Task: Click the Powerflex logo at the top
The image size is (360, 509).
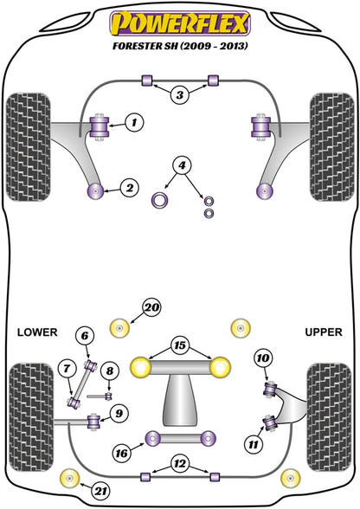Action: pyautogui.click(x=180, y=23)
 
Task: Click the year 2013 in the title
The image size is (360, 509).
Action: pyautogui.click(x=234, y=46)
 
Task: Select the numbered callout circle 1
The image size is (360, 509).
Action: pyautogui.click(x=134, y=122)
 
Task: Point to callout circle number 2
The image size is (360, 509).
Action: pyautogui.click(x=130, y=188)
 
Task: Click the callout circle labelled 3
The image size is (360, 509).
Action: pyautogui.click(x=180, y=95)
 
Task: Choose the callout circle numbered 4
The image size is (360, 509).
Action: pyautogui.click(x=182, y=166)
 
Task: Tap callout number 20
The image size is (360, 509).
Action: pyautogui.click(x=152, y=307)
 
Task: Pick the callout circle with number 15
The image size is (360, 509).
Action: pyautogui.click(x=180, y=345)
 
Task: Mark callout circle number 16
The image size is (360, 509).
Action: pyautogui.click(x=122, y=454)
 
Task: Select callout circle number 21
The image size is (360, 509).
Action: pyautogui.click(x=100, y=491)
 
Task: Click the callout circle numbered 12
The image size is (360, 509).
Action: pyautogui.click(x=179, y=464)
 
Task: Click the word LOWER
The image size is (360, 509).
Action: pyautogui.click(x=37, y=332)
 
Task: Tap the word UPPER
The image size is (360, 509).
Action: pyautogui.click(x=324, y=332)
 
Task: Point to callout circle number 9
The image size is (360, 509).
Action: pyautogui.click(x=119, y=414)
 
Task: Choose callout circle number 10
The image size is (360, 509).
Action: pyautogui.click(x=263, y=358)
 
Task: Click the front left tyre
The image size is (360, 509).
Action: pyautogui.click(x=29, y=147)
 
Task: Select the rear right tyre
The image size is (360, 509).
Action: pyautogui.click(x=329, y=417)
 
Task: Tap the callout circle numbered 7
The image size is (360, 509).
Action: pyautogui.click(x=67, y=369)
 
